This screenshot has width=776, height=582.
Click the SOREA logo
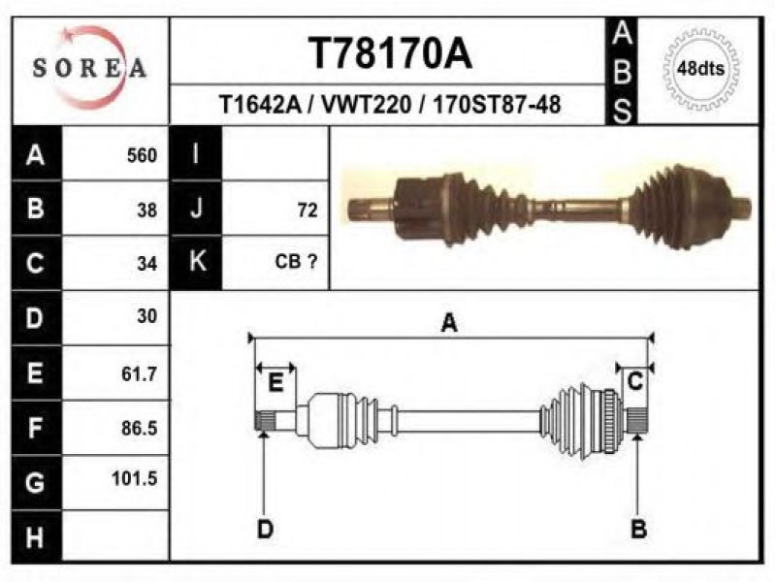[89, 67]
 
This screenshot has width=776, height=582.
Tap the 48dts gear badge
[700, 68]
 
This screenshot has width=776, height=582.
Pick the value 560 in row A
[142, 155]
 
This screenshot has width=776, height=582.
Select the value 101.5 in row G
[137, 478]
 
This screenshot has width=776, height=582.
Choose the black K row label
[196, 261]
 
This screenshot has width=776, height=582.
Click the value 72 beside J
[307, 209]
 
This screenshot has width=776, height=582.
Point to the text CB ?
[297, 261]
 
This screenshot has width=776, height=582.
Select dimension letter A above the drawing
[448, 323]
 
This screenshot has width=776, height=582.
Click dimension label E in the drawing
[275, 383]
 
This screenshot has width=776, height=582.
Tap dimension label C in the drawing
[634, 382]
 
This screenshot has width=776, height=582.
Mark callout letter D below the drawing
[265, 529]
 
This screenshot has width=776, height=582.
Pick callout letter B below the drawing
[638, 529]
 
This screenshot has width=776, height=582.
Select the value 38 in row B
[147, 209]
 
